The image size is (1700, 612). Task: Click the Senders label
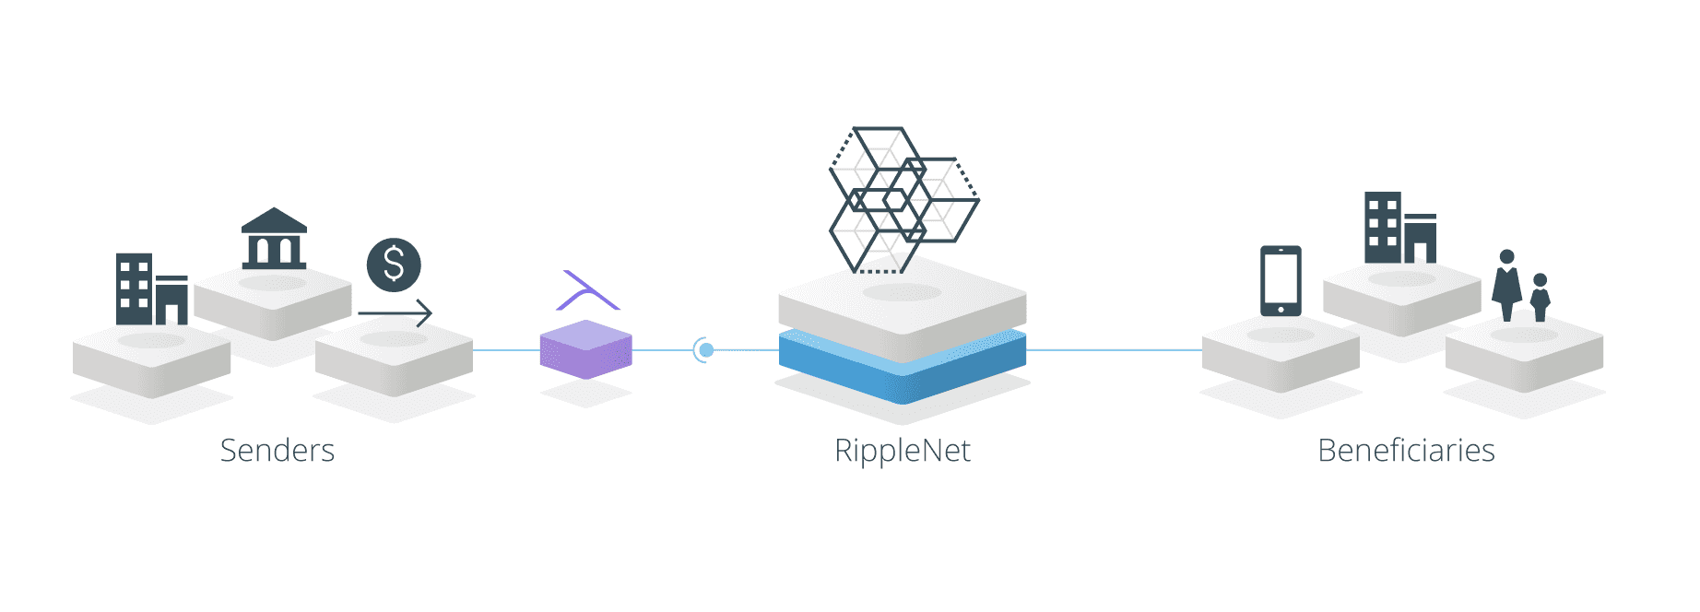277,451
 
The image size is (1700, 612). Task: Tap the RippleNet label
903,451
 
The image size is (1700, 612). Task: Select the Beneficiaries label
1406,451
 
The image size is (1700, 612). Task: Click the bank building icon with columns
274,239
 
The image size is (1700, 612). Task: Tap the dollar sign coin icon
394,265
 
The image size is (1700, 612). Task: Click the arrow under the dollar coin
395,313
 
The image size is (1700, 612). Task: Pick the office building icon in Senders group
152,288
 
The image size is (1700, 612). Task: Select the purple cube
586,350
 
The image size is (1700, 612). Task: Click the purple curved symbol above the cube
588,291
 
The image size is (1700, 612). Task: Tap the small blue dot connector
706,350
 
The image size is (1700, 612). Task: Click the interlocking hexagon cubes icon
903,200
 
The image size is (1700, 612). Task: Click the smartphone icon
1281,281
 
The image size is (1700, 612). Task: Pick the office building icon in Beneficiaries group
1400,228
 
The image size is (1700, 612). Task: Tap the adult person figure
1507,286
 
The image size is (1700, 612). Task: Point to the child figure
1540,298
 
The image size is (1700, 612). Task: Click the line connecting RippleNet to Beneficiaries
1115,350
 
